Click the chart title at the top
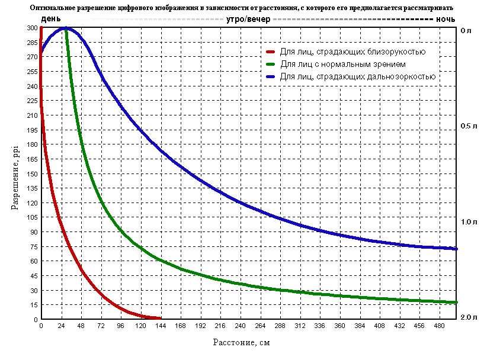[241, 8]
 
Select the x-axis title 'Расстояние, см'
[242, 342]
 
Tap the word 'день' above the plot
[50, 19]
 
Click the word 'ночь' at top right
[445, 19]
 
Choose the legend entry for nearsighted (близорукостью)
[361, 52]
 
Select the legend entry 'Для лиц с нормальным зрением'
[343, 64]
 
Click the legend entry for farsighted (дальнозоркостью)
[358, 76]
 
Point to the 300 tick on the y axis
[31, 28]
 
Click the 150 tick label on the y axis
[31, 174]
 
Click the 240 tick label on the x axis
[240, 326]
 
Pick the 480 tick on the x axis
[439, 326]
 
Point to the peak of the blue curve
[66, 28]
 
